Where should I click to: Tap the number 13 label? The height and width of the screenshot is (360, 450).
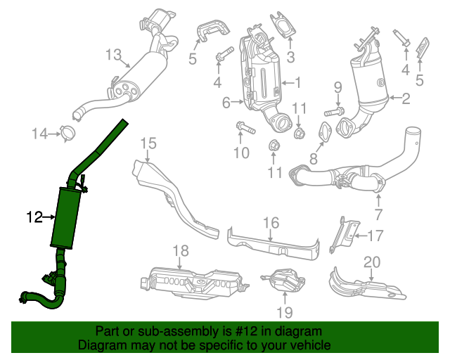[x=114, y=54]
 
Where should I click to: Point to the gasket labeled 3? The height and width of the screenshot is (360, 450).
[x=283, y=26]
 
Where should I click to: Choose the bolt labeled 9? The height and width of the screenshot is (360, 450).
[x=333, y=111]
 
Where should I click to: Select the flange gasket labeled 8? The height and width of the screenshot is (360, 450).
[x=324, y=131]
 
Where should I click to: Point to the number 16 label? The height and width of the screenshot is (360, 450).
[x=271, y=224]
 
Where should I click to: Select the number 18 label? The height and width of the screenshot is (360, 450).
[x=181, y=251]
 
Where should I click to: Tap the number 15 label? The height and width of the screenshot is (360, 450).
[x=148, y=144]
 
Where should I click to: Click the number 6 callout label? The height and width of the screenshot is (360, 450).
[x=226, y=103]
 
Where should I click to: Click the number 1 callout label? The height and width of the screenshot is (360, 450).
[x=297, y=82]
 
